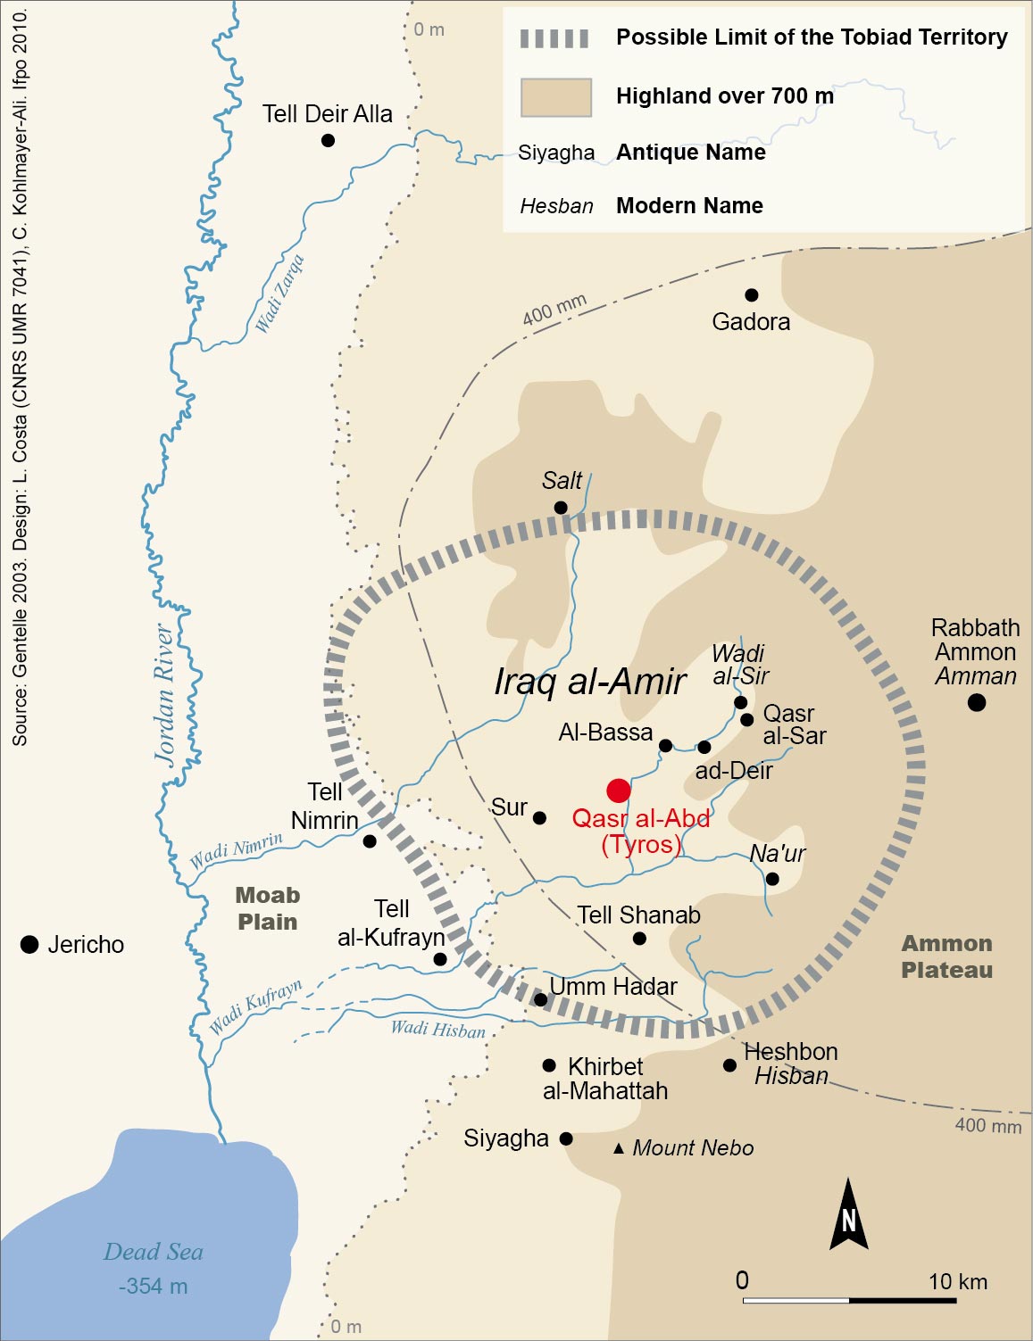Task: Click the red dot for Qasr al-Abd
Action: click(618, 791)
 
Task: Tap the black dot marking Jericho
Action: click(29, 944)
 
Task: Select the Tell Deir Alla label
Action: click(327, 114)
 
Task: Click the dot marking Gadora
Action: click(751, 295)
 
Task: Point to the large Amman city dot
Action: click(976, 702)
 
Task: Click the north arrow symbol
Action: click(848, 1214)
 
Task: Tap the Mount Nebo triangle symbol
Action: click(619, 1148)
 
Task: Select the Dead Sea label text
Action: click(154, 1252)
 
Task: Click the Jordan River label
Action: click(164, 695)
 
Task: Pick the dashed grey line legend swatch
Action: click(554, 38)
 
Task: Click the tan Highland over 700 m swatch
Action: click(556, 97)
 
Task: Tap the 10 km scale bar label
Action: click(957, 1282)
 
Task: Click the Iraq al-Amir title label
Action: click(589, 682)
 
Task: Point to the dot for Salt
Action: click(561, 508)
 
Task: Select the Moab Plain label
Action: click(267, 908)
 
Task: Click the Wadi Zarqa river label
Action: click(279, 294)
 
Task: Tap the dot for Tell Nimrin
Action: click(370, 841)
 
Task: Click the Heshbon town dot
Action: click(729, 1065)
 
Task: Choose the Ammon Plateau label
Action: click(946, 956)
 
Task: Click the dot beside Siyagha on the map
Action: click(566, 1138)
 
